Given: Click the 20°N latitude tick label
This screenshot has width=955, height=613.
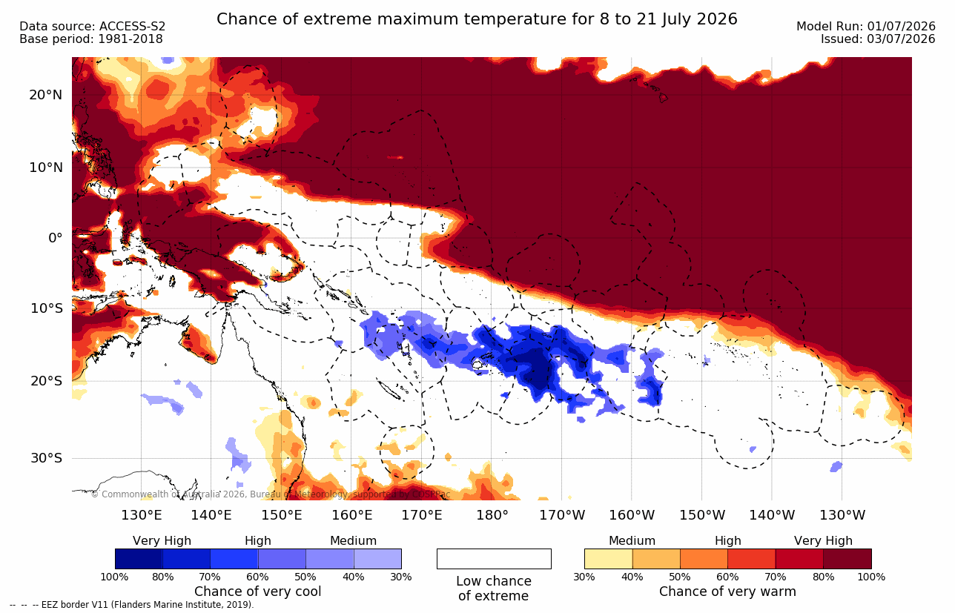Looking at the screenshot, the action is (x=46, y=95).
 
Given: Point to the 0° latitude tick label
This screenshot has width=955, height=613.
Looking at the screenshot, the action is (x=56, y=238).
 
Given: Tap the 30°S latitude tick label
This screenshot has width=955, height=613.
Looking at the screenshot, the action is (x=47, y=458).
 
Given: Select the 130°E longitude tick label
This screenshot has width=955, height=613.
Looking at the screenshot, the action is (x=142, y=515).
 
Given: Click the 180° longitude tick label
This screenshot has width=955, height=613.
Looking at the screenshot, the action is (x=492, y=515).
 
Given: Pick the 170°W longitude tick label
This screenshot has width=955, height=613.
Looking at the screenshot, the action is (x=562, y=515).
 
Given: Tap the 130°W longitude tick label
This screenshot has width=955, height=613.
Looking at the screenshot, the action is (x=842, y=515).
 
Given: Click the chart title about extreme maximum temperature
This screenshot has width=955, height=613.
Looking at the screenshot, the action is (x=477, y=19).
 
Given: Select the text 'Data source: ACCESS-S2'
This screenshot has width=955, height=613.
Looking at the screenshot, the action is (x=93, y=27).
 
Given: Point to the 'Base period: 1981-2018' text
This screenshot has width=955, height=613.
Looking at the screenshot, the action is (x=91, y=39).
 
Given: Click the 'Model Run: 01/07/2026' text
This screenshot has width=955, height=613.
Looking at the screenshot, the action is (x=866, y=27).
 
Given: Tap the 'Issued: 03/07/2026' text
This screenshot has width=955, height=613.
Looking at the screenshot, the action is (x=878, y=39).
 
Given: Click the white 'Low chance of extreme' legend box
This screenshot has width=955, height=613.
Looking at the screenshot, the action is (x=494, y=559).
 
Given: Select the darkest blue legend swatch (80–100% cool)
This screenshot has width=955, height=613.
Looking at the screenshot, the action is (x=139, y=559).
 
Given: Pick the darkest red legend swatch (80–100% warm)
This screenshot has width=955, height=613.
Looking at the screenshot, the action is (x=847, y=559).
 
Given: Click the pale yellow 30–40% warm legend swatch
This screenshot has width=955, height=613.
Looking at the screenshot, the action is (x=609, y=559).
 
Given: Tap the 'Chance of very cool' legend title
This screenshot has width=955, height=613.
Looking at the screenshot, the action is (x=257, y=592).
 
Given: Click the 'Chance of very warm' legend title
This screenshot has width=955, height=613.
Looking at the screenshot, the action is (x=727, y=592).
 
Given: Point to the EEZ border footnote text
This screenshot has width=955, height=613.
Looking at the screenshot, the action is (x=132, y=605).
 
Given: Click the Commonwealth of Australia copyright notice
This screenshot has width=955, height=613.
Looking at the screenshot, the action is (x=271, y=494).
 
